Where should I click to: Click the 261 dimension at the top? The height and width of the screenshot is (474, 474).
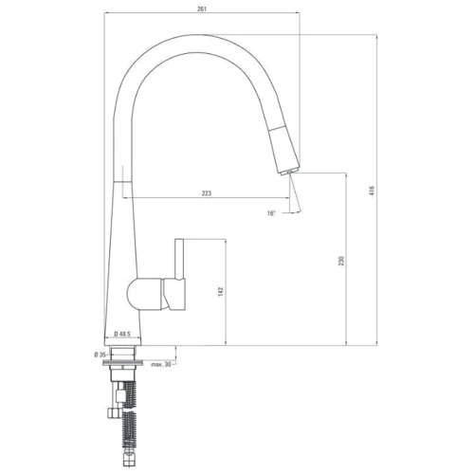tap(203, 8)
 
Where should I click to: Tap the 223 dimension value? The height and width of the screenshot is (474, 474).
tap(207, 193)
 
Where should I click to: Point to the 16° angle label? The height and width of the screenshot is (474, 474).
tap(271, 213)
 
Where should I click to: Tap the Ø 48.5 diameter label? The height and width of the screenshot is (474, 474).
tap(122, 335)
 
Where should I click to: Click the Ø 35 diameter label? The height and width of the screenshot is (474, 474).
tap(100, 355)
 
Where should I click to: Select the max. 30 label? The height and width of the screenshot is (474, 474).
tap(160, 364)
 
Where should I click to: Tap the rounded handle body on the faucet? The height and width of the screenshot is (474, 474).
tap(147, 293)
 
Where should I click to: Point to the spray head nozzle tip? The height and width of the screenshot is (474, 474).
tap(284, 169)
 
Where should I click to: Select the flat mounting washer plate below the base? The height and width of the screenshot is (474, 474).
tap(123, 349)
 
